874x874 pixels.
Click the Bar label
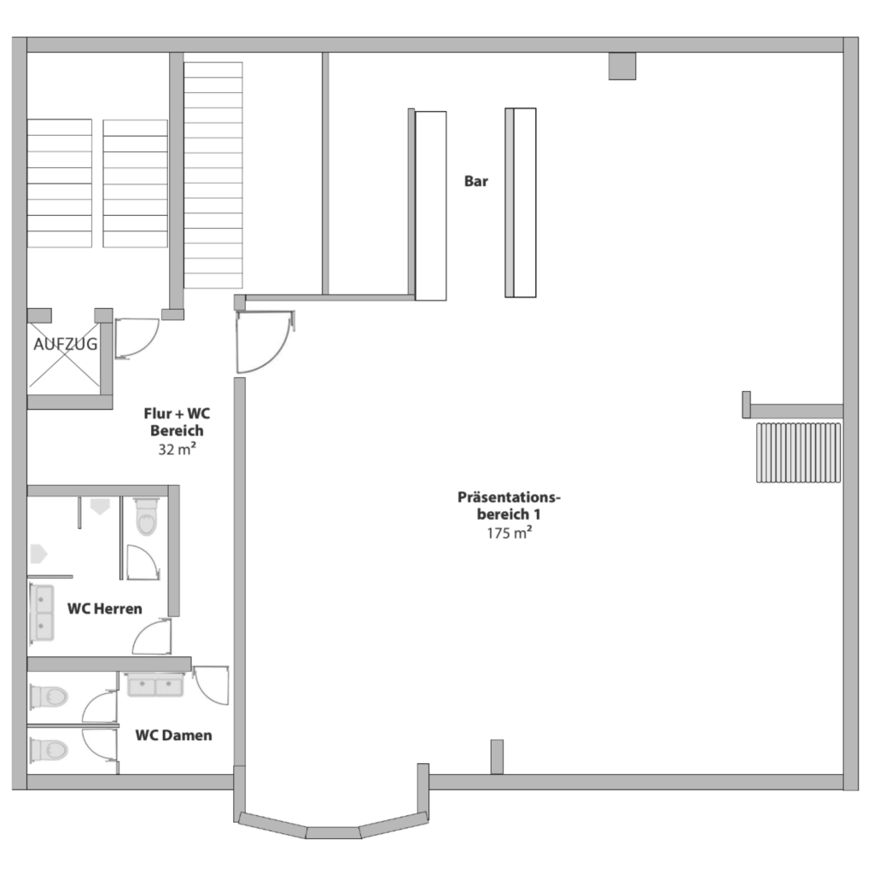[x=476, y=181]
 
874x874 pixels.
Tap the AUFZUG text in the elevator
[x=65, y=344]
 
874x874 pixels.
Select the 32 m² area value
[x=177, y=449]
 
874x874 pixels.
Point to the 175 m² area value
[x=509, y=533]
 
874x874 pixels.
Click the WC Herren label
[x=105, y=608]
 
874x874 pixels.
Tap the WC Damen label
[x=173, y=735]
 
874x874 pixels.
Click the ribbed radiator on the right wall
[x=798, y=452]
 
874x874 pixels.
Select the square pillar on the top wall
[x=622, y=66]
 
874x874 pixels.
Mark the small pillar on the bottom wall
[x=497, y=756]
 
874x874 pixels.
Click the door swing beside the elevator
[x=137, y=338]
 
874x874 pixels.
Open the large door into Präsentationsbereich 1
[x=265, y=341]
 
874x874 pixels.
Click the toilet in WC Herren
[x=147, y=516]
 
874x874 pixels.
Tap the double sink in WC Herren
[x=41, y=613]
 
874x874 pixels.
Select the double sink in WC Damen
[x=155, y=685]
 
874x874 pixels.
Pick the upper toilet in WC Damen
[x=49, y=696]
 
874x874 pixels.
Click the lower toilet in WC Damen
[x=49, y=749]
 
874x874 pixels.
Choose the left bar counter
[x=430, y=206]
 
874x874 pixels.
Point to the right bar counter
[x=521, y=203]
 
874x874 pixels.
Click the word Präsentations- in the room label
[x=509, y=497]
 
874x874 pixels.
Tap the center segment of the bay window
[x=334, y=833]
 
